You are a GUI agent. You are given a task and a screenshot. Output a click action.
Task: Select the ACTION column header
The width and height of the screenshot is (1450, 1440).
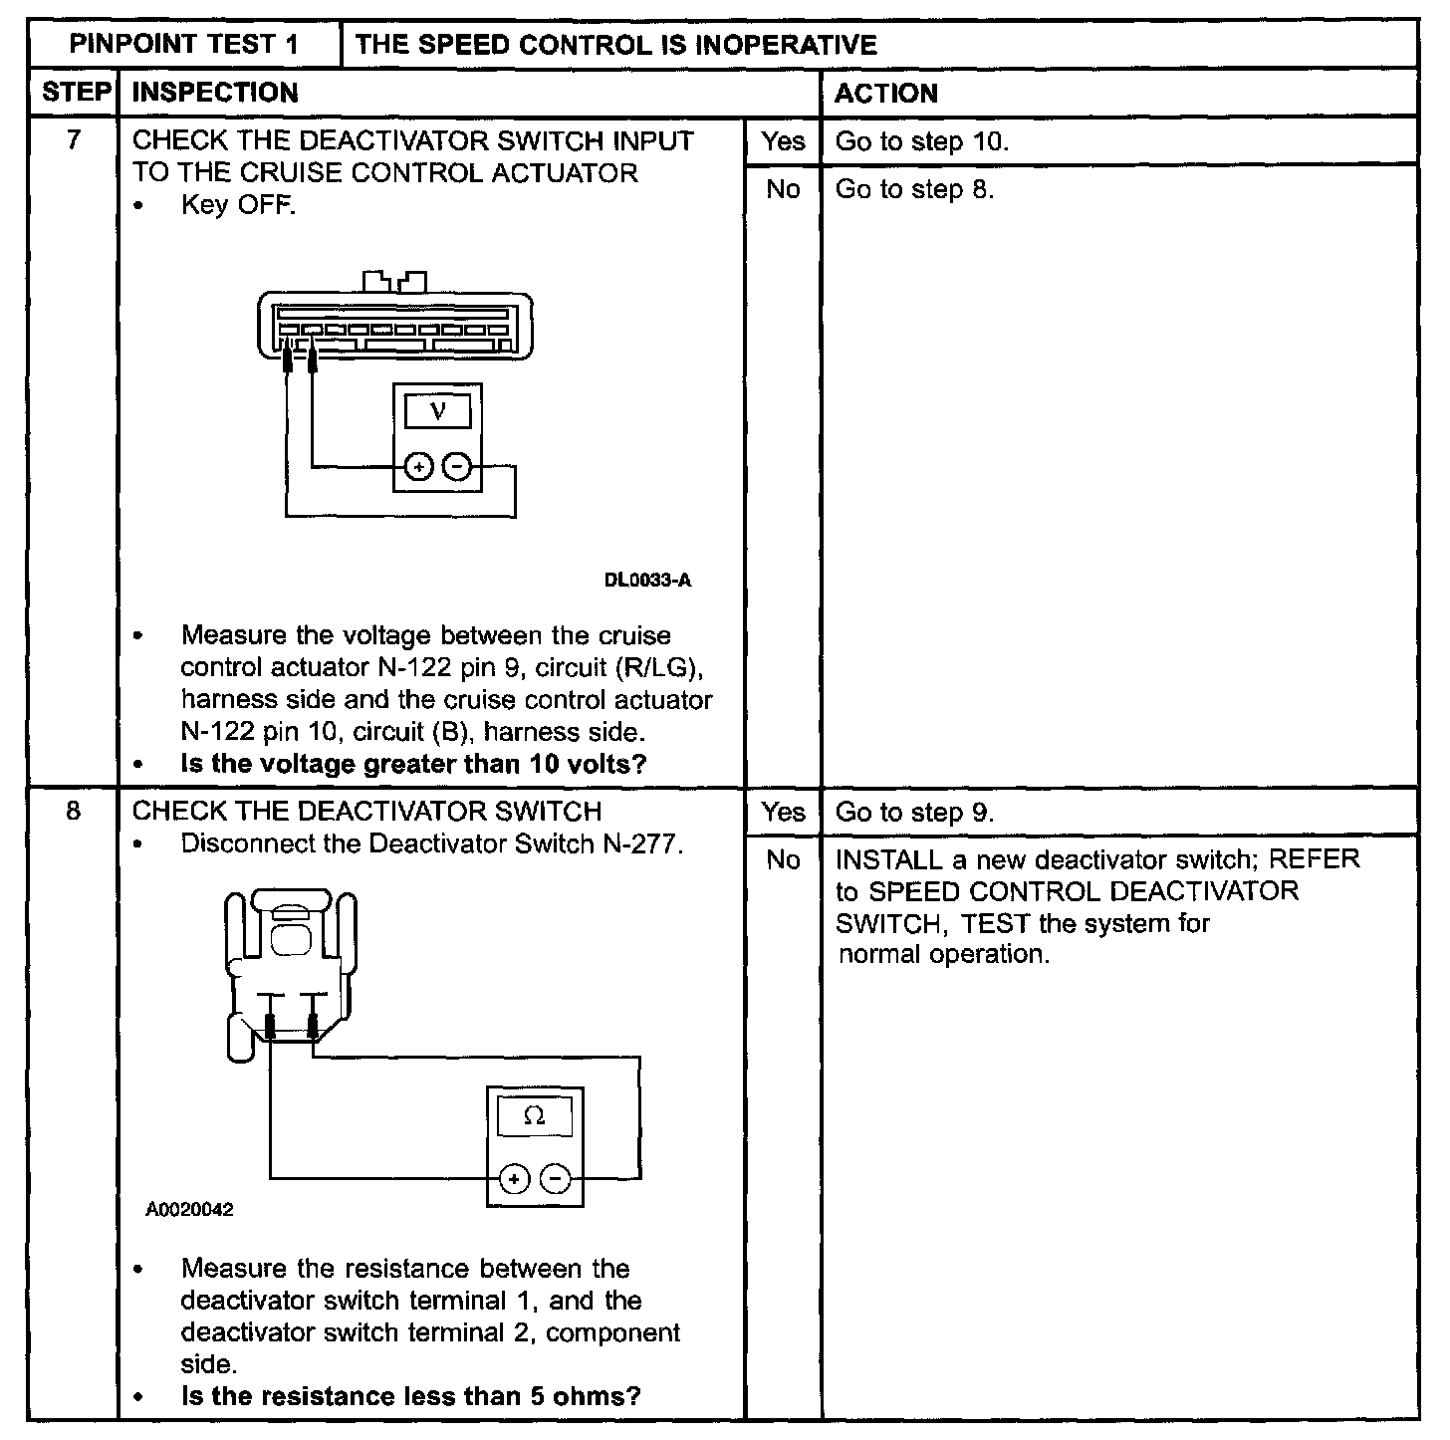(x=885, y=94)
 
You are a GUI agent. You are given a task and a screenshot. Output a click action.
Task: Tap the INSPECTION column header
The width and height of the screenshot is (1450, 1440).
(x=215, y=94)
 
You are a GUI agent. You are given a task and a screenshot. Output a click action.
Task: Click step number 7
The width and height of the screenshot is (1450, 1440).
(x=74, y=140)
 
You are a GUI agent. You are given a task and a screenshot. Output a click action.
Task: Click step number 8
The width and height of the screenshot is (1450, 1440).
(x=74, y=811)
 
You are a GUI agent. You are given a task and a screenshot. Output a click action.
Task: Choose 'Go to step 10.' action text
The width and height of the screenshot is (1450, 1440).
(x=922, y=141)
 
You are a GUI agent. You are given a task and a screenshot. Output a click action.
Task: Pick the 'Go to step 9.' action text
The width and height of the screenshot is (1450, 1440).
(x=914, y=813)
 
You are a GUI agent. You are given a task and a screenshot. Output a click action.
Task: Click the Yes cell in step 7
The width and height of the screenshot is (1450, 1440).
(x=783, y=141)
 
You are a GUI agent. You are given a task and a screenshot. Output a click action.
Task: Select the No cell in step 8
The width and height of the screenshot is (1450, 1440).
(x=783, y=859)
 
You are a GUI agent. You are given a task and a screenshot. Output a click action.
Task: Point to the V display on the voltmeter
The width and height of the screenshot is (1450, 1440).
(x=437, y=410)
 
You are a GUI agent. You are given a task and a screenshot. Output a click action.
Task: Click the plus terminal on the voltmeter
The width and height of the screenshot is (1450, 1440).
(x=418, y=465)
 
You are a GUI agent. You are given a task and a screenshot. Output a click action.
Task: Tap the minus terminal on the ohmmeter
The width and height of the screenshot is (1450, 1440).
(x=556, y=1181)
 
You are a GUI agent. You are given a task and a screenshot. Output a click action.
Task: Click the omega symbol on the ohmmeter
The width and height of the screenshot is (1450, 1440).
(x=534, y=1117)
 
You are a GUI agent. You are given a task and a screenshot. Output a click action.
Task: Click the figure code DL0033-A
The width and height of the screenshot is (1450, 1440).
(x=647, y=580)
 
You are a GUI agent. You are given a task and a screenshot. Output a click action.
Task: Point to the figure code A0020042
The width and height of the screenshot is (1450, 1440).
(x=190, y=1210)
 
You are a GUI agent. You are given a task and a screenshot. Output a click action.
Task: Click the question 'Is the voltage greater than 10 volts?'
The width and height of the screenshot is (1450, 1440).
(x=413, y=764)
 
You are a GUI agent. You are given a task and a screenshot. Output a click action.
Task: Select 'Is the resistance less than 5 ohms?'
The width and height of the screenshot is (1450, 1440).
(x=410, y=1395)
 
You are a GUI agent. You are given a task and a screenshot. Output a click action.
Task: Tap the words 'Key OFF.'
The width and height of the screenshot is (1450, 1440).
(x=238, y=205)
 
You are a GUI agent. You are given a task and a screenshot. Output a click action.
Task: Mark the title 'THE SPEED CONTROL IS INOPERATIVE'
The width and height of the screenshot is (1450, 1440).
(x=615, y=45)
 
